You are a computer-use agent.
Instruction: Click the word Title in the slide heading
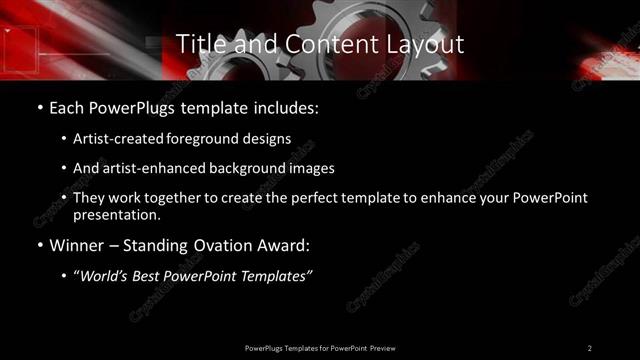tap(200, 44)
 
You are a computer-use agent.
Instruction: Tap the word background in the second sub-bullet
tap(242, 168)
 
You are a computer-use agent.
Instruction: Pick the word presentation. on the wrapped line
tap(118, 214)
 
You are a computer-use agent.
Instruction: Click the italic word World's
tap(109, 277)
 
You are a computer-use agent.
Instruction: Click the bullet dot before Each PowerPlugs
tap(39, 106)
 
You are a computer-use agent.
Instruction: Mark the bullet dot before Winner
tap(39, 246)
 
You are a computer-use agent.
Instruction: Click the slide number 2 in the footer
tap(590, 347)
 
